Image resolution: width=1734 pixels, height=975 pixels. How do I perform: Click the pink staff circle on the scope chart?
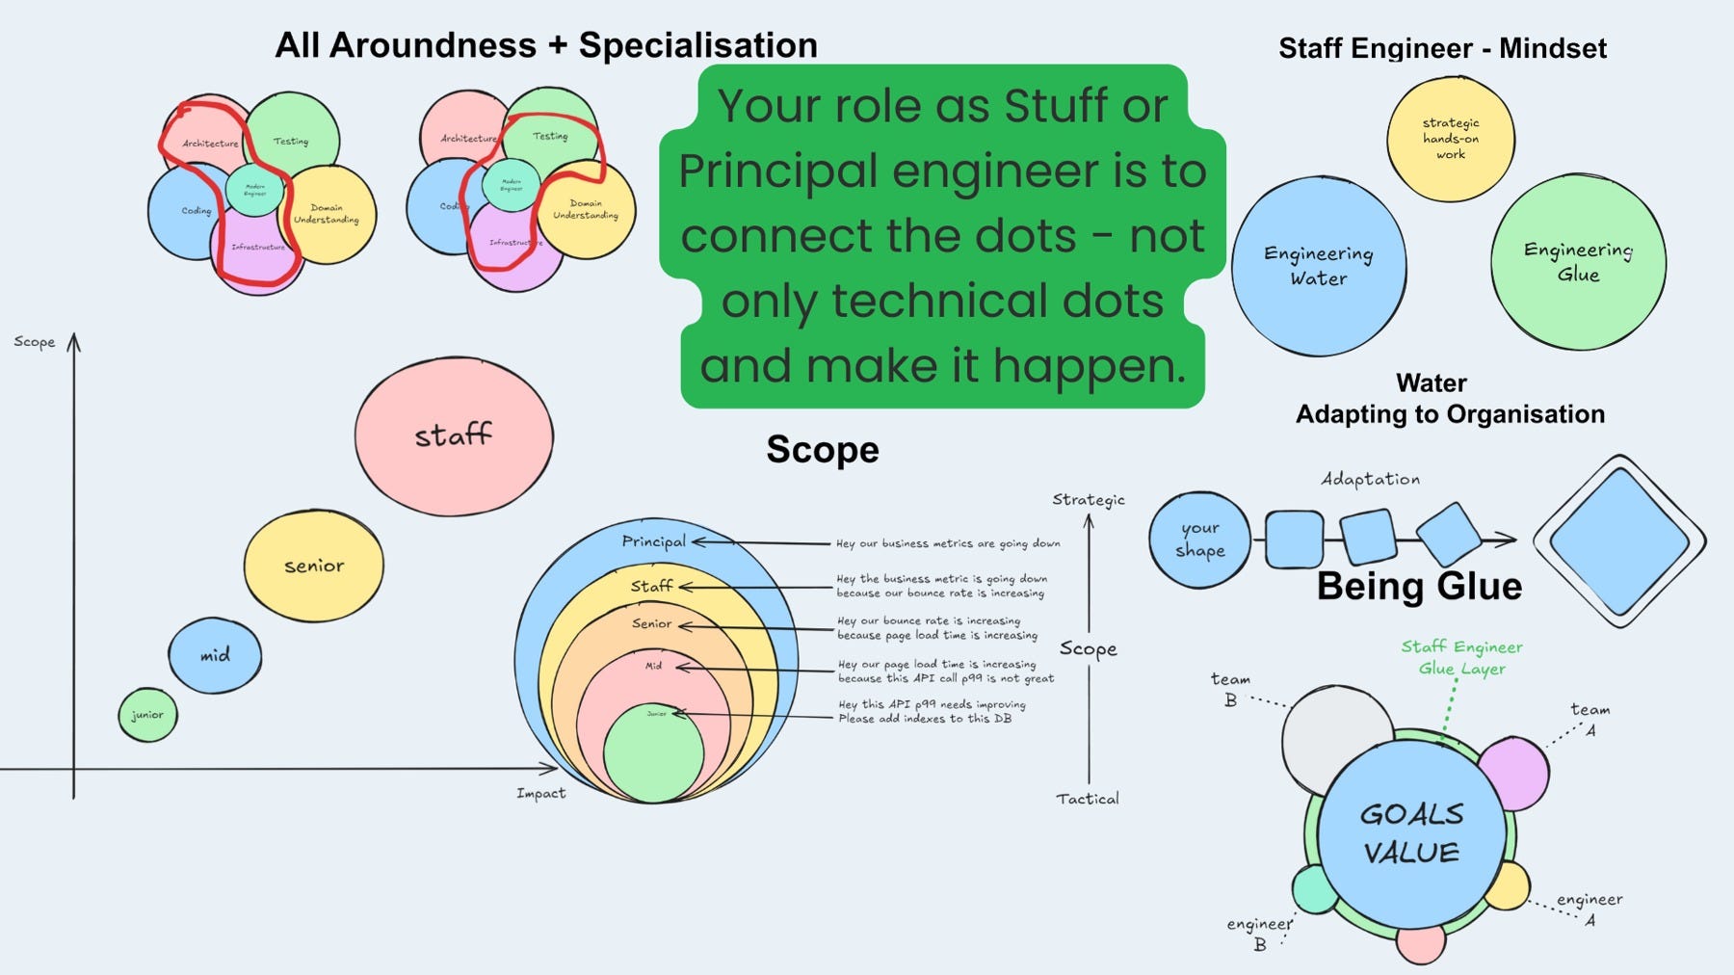point(454,436)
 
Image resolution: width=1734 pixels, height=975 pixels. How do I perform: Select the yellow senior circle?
point(314,566)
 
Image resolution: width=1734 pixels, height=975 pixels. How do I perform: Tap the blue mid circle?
point(215,655)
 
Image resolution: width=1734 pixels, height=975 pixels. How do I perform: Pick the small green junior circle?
point(147,715)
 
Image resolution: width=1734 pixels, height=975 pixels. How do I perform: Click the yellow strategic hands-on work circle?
point(1451,139)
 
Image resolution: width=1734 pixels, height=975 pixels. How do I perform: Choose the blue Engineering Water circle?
point(1319,266)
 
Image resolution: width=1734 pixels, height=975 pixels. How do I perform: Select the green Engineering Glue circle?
point(1578,262)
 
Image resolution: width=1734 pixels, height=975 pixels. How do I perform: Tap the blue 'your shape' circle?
point(1200,540)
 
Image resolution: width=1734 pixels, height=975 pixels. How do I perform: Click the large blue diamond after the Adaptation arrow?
point(1620,541)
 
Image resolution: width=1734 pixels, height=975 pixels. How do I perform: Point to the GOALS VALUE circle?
point(1411,833)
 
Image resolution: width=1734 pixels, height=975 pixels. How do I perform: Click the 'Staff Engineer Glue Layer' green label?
point(1461,657)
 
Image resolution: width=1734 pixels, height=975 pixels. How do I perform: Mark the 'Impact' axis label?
point(540,794)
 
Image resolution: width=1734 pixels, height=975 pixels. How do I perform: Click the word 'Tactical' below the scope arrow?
point(1088,799)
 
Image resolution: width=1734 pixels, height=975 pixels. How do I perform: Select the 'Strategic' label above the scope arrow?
point(1089,499)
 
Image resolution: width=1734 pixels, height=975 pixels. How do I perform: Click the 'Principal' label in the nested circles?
point(654,541)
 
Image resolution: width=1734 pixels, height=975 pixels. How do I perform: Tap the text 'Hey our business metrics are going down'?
point(948,544)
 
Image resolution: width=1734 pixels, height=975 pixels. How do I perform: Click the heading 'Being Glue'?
point(1419,586)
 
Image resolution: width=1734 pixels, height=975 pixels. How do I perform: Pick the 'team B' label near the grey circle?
point(1231,689)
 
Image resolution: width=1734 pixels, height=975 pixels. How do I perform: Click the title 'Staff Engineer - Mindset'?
point(1442,48)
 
